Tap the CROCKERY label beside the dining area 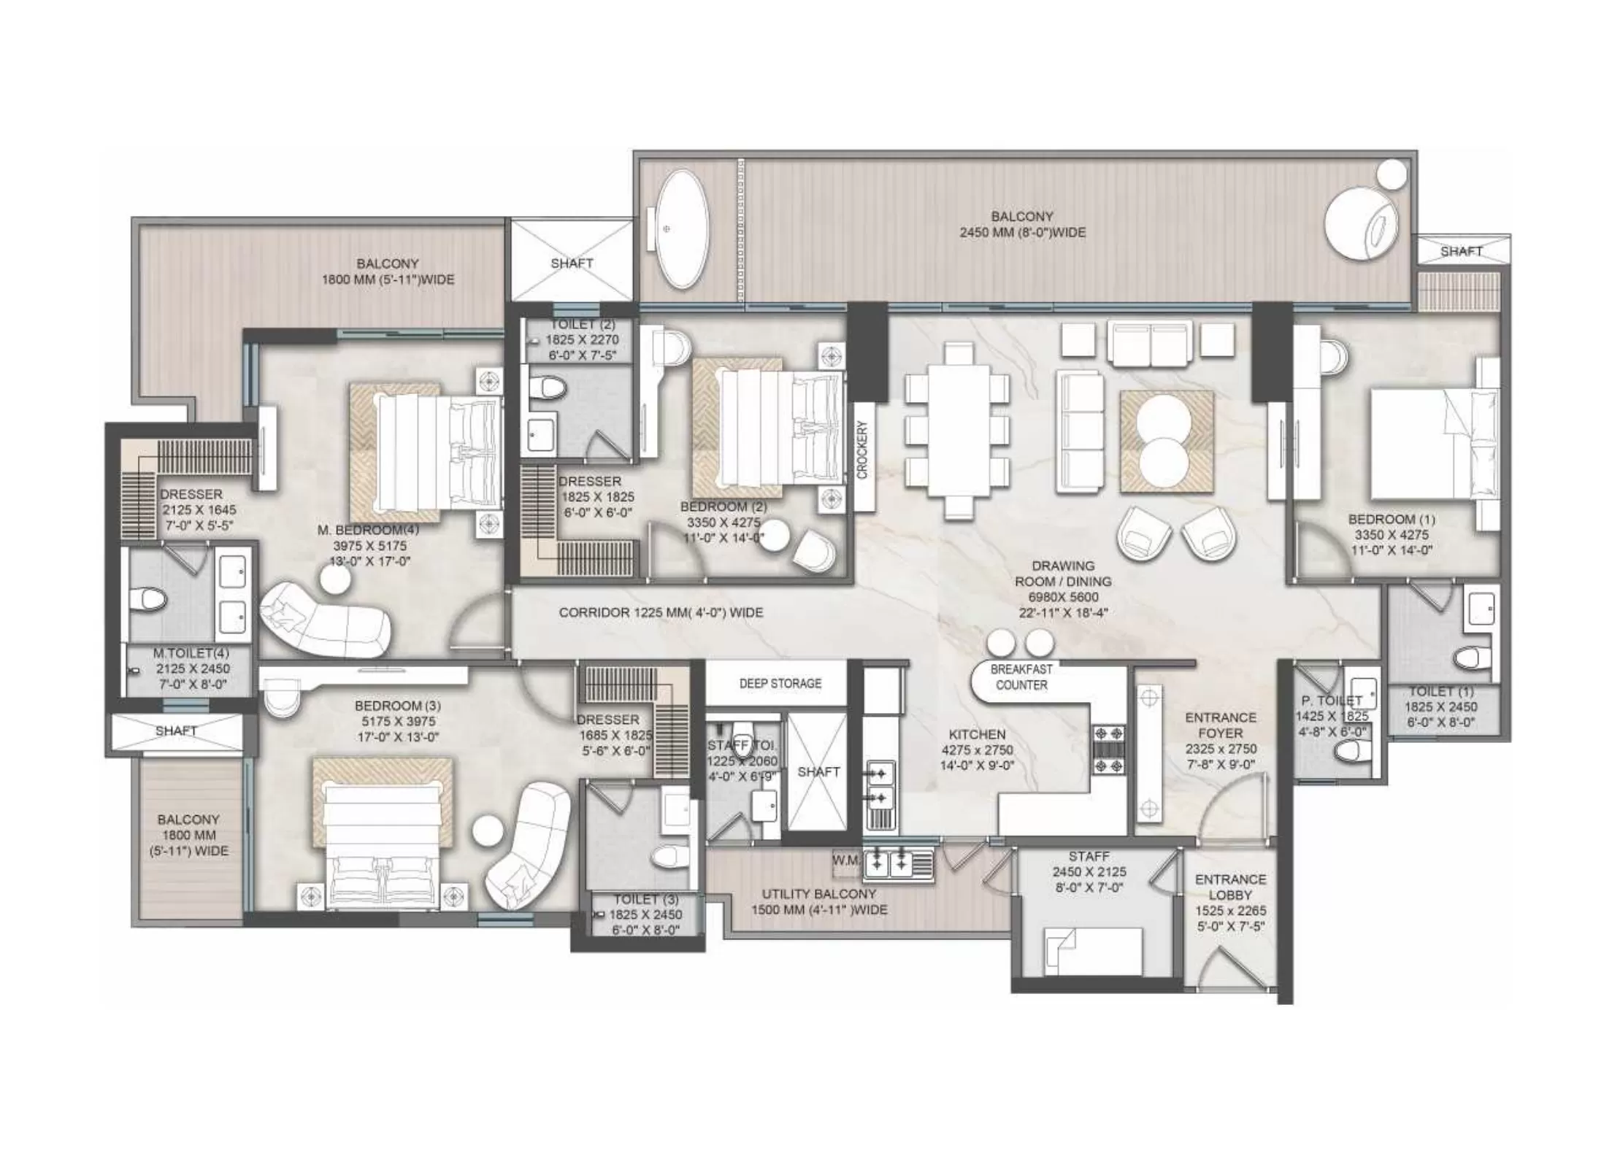coord(862,450)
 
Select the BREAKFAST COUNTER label coord(1021,677)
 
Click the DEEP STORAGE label coord(780,683)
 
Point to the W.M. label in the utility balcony coord(845,861)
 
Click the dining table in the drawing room coord(957,431)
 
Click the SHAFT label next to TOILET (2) coord(572,263)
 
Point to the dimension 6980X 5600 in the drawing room coord(1062,597)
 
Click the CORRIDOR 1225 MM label coord(661,612)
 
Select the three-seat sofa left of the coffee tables coord(1078,431)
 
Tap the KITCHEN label coord(977,734)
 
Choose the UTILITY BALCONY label coord(818,894)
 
